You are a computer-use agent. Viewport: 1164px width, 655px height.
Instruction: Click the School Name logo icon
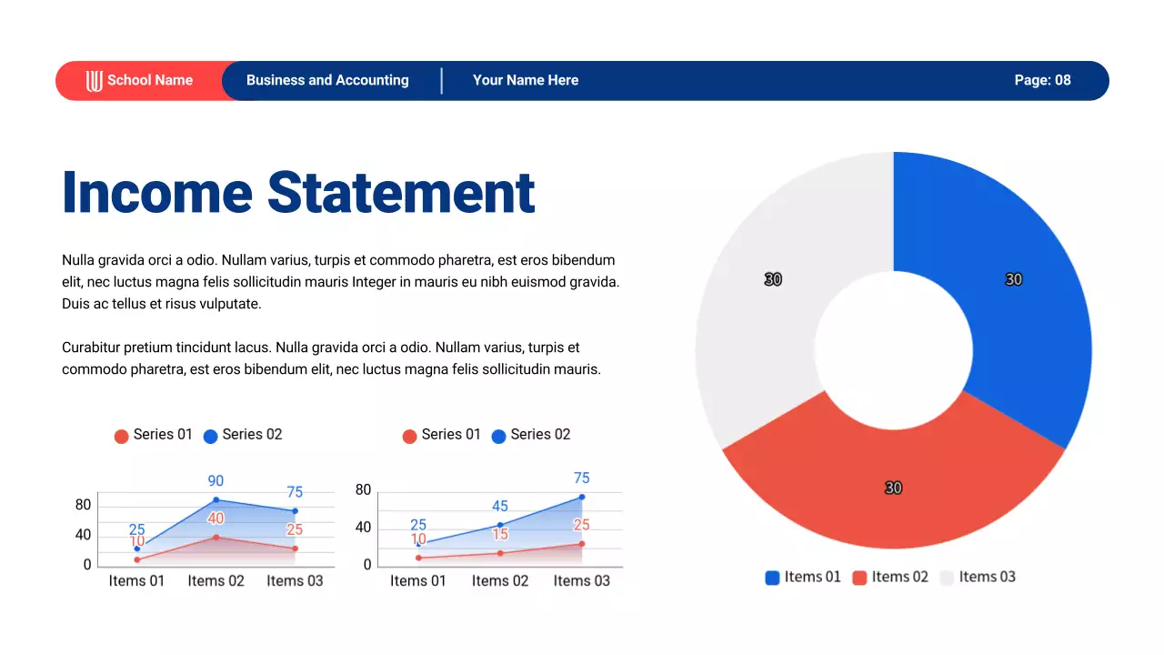[x=95, y=81]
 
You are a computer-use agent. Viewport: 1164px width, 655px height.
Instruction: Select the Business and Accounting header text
[x=327, y=80]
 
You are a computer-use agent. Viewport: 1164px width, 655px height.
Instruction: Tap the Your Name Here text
[x=526, y=80]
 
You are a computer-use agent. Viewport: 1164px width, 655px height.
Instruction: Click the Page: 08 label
[x=1042, y=80]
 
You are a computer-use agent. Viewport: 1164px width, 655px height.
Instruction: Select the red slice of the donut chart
[x=894, y=482]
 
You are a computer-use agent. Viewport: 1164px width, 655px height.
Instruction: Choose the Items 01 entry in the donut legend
[x=803, y=577]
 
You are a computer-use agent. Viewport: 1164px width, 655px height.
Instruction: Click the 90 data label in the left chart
[x=216, y=480]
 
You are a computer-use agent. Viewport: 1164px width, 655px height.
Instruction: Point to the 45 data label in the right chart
[x=499, y=506]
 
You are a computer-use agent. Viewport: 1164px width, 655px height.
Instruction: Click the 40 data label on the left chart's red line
[x=216, y=519]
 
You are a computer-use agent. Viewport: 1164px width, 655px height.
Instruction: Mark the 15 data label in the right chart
[x=500, y=534]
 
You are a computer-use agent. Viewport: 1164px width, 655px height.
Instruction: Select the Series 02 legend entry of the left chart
[x=243, y=435]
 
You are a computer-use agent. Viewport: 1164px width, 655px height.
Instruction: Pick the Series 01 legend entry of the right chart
[x=441, y=435]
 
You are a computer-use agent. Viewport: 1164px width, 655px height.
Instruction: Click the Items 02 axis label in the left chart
[x=216, y=580]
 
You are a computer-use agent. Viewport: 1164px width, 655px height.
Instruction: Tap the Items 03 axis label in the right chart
[x=582, y=580]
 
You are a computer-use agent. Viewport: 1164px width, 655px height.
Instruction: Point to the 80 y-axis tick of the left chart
[x=83, y=505]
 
